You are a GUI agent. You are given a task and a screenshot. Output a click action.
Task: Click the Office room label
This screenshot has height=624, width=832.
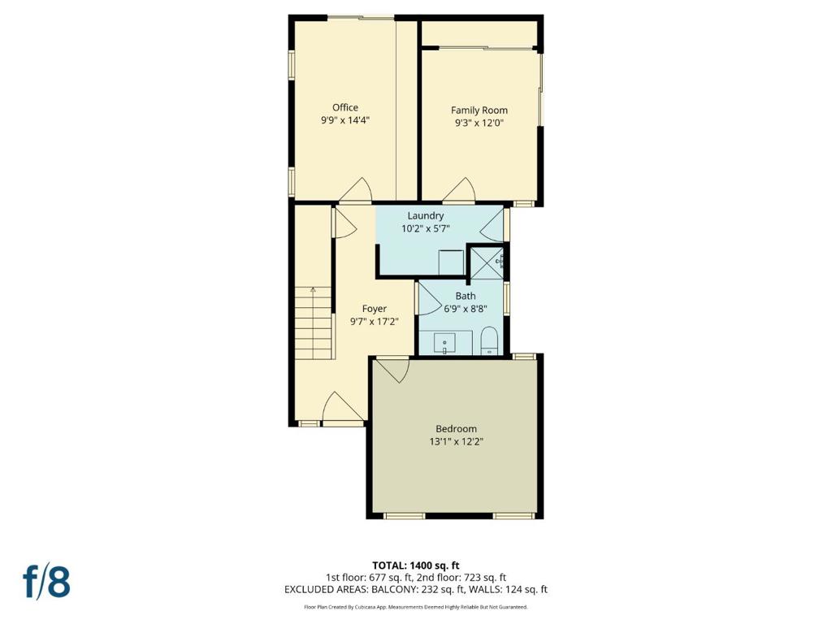pos(344,108)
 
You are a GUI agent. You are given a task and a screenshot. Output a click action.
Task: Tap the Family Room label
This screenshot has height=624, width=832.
pos(479,110)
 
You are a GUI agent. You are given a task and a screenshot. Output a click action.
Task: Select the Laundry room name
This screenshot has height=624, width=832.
pos(426,216)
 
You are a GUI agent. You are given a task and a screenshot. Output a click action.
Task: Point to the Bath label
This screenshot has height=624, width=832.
pos(466,296)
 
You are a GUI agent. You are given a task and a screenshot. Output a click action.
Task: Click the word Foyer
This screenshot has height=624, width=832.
pos(374,309)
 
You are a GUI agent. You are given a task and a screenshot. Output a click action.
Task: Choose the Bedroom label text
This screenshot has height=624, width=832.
pos(456,429)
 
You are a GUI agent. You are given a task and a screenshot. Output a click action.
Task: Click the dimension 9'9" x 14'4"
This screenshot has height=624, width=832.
pos(344,120)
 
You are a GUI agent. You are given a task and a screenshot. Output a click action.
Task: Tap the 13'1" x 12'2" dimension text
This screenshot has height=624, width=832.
pos(456,441)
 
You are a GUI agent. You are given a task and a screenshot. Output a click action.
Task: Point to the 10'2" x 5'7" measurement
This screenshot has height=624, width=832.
pos(426,228)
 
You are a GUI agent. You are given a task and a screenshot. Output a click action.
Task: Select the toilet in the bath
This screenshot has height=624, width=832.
pos(489,340)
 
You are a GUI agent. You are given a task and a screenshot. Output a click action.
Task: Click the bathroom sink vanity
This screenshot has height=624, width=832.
pos(445,342)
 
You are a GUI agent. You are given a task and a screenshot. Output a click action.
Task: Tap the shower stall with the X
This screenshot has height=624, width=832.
pos(487,262)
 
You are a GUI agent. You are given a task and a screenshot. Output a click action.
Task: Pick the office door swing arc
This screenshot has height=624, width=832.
pos(356,189)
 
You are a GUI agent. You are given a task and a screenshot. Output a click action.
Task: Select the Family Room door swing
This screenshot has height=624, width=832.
pos(458,189)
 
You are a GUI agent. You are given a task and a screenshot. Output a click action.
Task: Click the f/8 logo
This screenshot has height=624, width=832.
pos(46,582)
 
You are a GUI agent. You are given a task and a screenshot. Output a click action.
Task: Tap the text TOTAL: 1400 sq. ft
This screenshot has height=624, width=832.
pos(415,565)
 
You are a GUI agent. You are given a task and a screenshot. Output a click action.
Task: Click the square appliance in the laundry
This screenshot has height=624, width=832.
pos(451,262)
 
